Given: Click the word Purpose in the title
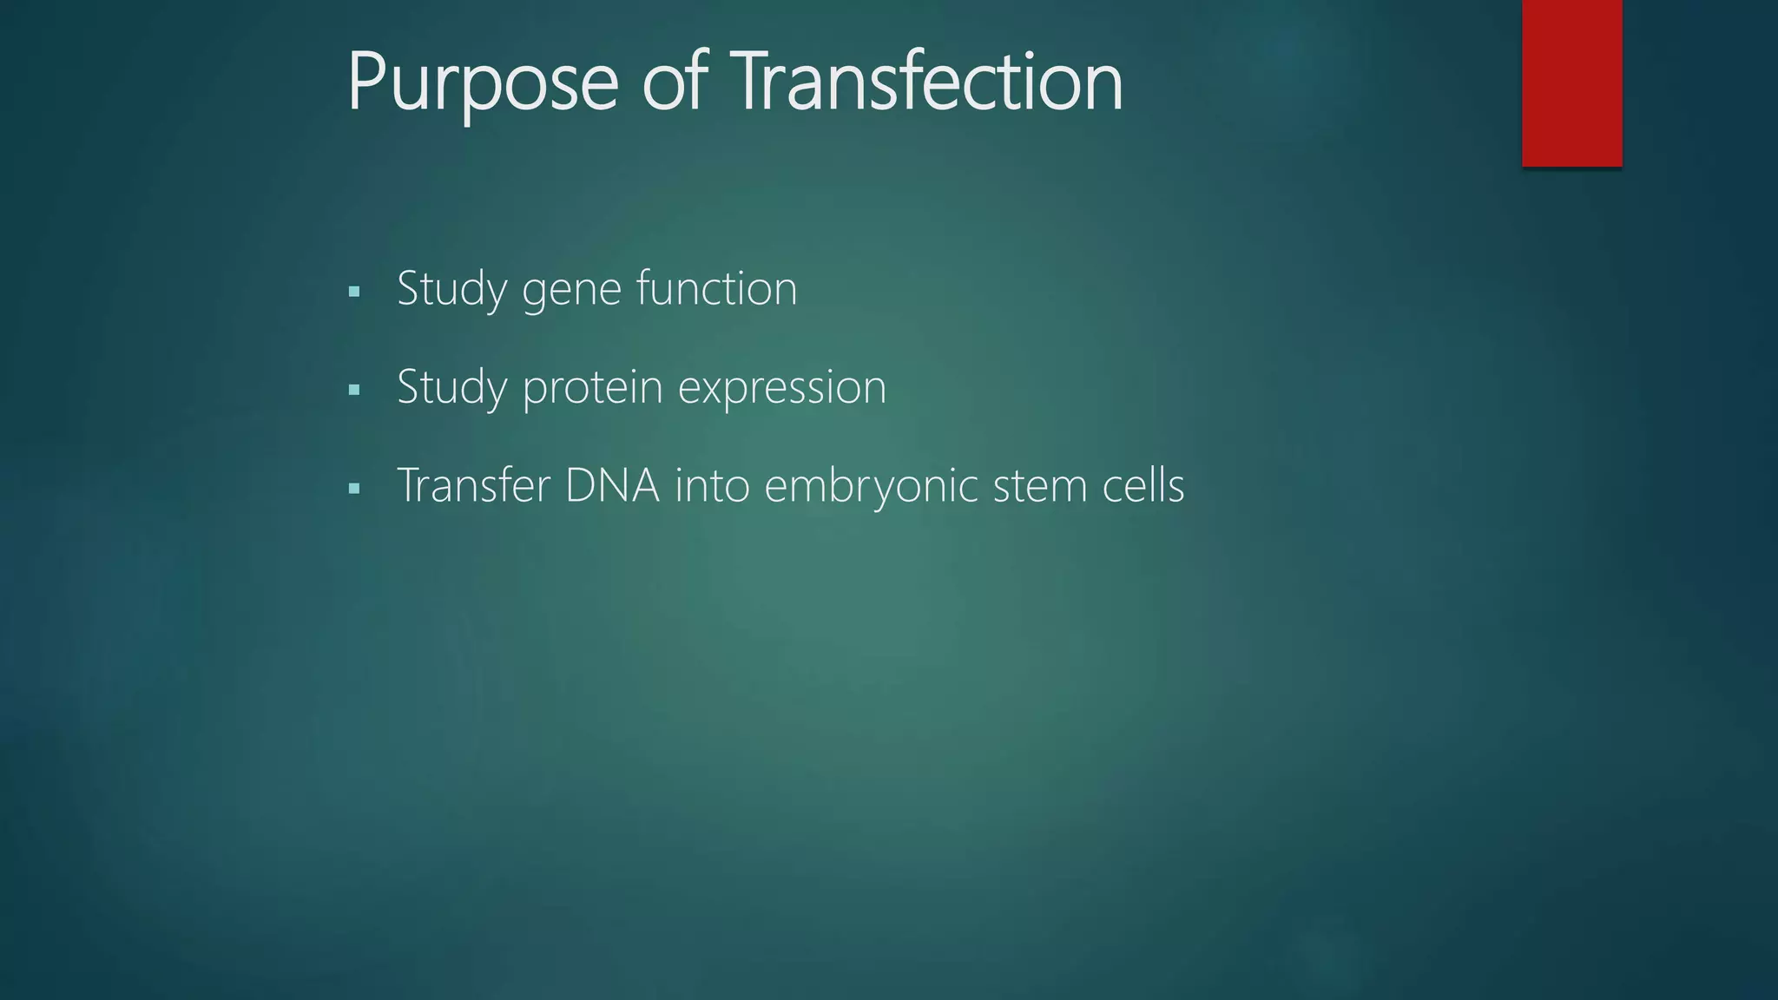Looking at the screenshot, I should [482, 82].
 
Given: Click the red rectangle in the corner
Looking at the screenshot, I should [1571, 82].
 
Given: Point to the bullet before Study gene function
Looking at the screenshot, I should [353, 292].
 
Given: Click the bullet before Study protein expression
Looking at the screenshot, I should [353, 390].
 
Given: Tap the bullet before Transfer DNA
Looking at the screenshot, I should [353, 489].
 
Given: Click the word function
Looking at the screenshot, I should [716, 288].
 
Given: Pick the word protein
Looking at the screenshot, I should [592, 388].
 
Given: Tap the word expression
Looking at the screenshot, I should [781, 388].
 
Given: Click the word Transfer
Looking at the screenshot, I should [473, 485].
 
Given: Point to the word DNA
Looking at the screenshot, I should [612, 485].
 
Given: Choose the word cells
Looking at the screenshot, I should [1143, 485].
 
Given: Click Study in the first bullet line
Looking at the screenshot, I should [451, 289].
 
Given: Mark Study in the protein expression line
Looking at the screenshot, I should [451, 387].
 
